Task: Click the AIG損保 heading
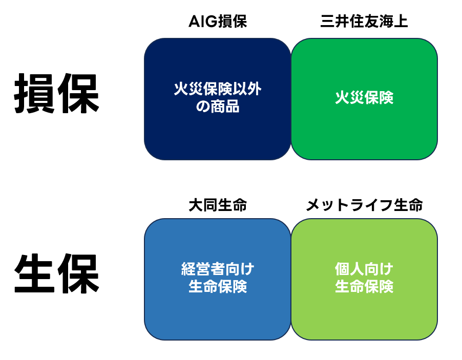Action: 218,21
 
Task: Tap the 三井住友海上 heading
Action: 364,21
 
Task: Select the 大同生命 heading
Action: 218,205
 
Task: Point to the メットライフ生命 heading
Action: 364,205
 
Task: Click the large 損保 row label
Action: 56,93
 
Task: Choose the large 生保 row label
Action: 56,273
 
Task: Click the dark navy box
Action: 218,99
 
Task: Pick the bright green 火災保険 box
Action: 364,99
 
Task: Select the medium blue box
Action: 218,279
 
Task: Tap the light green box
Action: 364,279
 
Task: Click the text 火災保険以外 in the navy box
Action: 218,89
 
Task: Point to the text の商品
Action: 218,107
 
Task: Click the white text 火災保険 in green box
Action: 364,97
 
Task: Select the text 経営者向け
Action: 218,269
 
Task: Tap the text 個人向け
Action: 364,269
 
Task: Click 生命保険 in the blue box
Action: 218,286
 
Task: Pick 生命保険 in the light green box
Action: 364,286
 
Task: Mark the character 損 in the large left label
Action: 34,93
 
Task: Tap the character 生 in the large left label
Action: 34,273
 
